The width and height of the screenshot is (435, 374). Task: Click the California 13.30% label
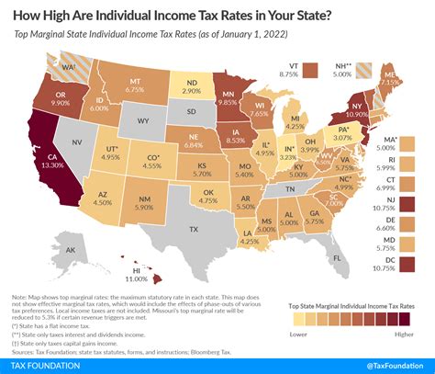coord(54,162)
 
